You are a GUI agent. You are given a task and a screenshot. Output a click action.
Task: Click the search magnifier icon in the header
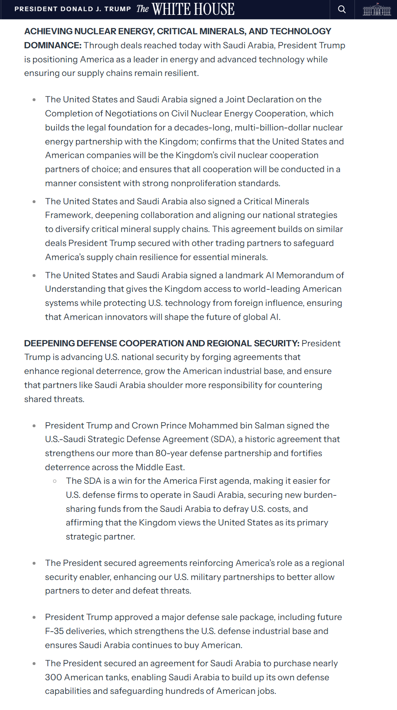click(x=342, y=9)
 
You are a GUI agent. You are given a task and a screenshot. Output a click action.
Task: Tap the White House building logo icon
click(x=376, y=9)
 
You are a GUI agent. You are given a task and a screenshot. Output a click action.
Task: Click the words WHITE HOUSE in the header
click(x=193, y=9)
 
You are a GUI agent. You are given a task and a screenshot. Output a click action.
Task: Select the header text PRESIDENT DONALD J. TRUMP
click(x=73, y=9)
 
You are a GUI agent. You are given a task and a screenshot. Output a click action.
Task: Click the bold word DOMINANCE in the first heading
click(x=52, y=45)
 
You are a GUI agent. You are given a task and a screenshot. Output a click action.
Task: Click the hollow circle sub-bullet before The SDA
click(x=55, y=481)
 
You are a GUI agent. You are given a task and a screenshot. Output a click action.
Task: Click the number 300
click(x=53, y=677)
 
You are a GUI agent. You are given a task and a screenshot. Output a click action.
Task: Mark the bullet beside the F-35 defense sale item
click(x=34, y=618)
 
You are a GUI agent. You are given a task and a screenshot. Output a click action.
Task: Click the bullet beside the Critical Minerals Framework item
click(x=34, y=201)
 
